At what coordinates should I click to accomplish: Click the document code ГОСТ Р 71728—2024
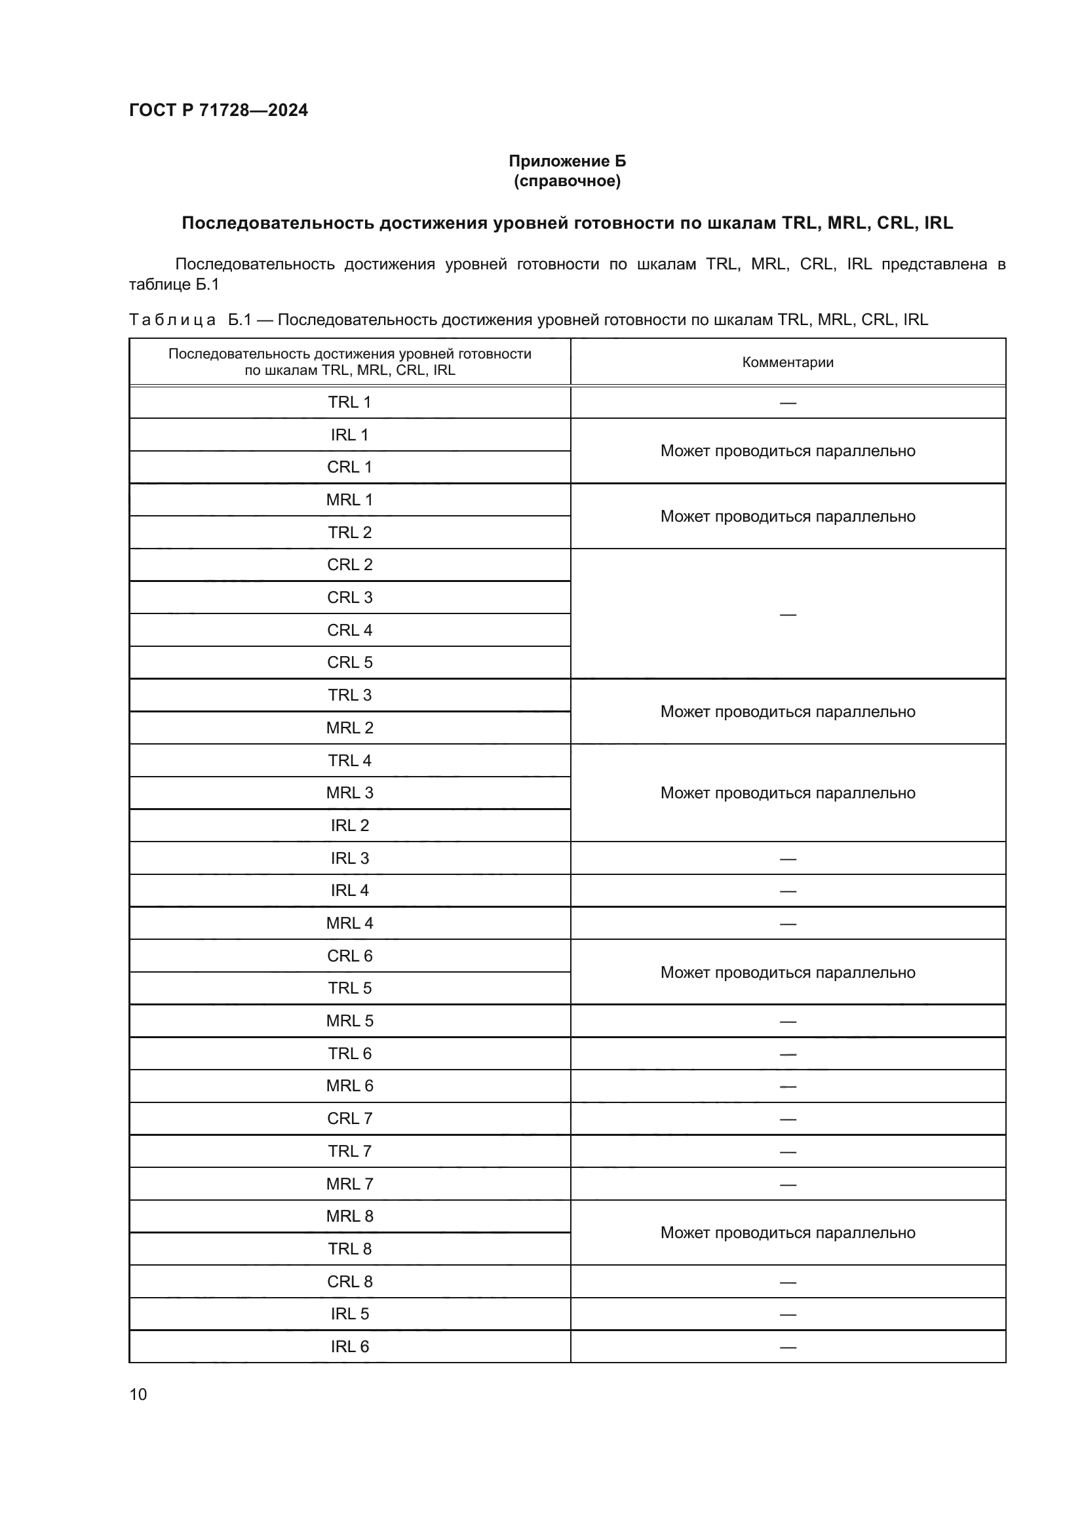coord(218,110)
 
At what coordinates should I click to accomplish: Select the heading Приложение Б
coord(568,161)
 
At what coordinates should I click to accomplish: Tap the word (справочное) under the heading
coord(568,181)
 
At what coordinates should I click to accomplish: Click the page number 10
coord(138,1394)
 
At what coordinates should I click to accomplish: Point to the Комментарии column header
coord(788,362)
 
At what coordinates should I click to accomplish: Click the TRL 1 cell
coord(349,402)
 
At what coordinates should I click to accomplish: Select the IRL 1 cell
coord(349,435)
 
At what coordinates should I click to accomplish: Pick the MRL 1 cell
coord(349,499)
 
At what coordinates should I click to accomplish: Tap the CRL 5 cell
coord(349,663)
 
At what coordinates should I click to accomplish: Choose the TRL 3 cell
coord(349,695)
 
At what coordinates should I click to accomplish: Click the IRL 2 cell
coord(349,825)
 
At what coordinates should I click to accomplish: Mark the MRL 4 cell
coord(349,923)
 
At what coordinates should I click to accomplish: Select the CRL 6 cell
coord(349,956)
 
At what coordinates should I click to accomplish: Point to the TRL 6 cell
coord(349,1053)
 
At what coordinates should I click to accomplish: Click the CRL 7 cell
coord(349,1118)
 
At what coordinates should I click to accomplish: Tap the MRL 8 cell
coord(349,1216)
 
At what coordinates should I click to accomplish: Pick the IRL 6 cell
coord(349,1346)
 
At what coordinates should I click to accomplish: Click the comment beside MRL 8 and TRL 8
coord(788,1233)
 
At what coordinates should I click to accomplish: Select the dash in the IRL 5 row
coord(788,1315)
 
